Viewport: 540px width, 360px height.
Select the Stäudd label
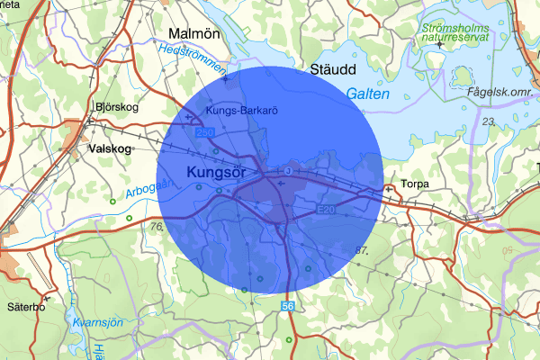[333, 69]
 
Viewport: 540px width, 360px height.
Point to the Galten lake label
[368, 93]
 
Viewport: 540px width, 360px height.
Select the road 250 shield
[206, 133]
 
